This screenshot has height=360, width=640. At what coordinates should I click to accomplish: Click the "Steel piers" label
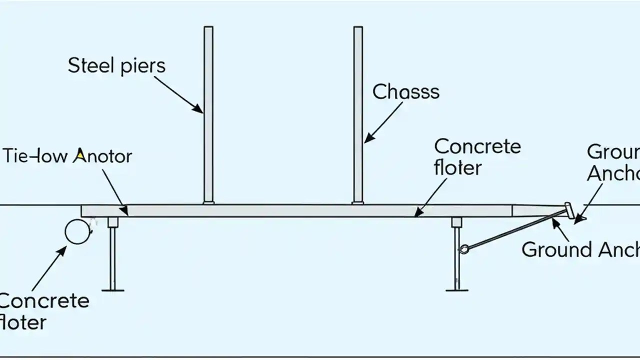[116, 66]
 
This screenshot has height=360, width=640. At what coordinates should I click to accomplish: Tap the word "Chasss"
[406, 92]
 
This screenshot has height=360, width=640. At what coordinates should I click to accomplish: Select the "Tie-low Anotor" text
[68, 156]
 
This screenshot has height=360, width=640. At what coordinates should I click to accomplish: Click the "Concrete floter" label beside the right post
[477, 156]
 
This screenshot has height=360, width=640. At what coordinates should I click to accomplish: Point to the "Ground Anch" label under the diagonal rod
[580, 249]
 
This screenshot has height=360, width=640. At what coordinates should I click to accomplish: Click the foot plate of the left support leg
[112, 288]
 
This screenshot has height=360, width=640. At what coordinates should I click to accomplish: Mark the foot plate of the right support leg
[457, 288]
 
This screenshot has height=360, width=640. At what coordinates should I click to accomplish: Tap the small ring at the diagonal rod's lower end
[464, 248]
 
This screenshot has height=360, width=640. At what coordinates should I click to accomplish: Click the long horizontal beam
[300, 210]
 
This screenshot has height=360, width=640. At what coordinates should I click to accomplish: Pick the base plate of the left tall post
[208, 202]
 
